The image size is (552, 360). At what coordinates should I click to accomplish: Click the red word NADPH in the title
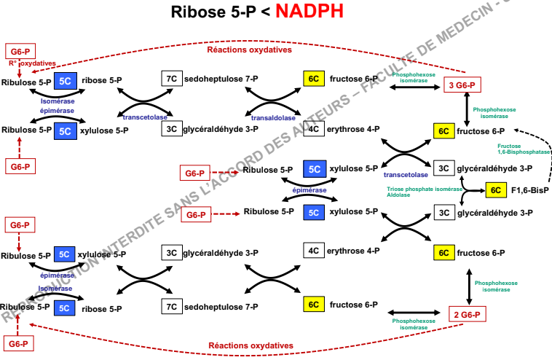(309, 12)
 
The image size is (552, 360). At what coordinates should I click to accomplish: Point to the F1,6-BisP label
(529, 190)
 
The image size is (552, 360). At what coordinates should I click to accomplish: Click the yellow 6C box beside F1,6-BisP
(496, 190)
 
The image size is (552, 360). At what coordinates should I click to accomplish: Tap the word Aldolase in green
(398, 196)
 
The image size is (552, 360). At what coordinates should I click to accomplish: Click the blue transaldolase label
(273, 117)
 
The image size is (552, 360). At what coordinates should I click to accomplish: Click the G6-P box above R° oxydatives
(18, 51)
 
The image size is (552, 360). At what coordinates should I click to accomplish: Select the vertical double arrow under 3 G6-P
(467, 109)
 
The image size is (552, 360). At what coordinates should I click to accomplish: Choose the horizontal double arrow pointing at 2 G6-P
(415, 313)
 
